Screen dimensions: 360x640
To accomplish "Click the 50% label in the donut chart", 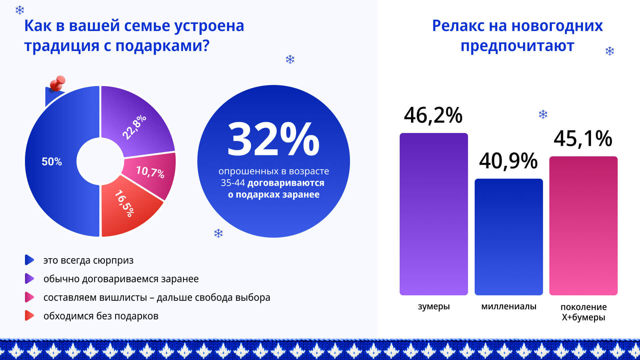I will pyautogui.click(x=52, y=162).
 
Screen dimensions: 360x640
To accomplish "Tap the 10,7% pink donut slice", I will pyautogui.click(x=150, y=172).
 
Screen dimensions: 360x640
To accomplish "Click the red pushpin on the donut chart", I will pyautogui.click(x=58, y=83).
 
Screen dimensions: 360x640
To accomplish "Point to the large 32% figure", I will pyautogui.click(x=273, y=139).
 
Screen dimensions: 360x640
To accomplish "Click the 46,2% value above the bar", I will pyautogui.click(x=433, y=115).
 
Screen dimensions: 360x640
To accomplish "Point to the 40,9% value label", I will pyautogui.click(x=508, y=161).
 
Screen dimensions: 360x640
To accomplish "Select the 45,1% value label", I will pyautogui.click(x=583, y=138).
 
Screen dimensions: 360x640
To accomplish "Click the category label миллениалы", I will pyautogui.click(x=509, y=306).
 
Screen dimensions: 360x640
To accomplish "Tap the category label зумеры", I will pyautogui.click(x=434, y=306).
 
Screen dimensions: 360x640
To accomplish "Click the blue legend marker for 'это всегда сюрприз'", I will pyautogui.click(x=29, y=260).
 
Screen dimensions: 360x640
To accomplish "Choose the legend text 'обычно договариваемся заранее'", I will pyautogui.click(x=121, y=279).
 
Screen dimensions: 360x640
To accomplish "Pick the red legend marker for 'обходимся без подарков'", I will pyautogui.click(x=29, y=316).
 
